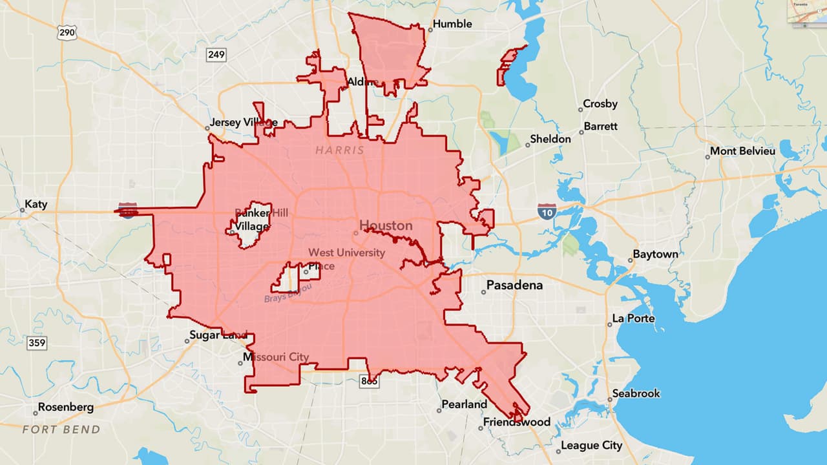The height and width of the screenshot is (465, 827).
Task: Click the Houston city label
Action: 386,225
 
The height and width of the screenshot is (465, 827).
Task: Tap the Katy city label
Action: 36,205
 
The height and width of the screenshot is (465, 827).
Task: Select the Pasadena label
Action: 514,285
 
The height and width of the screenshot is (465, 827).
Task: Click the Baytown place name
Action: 655,254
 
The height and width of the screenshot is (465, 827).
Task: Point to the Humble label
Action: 452,25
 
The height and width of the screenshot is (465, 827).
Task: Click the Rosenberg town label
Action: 65,408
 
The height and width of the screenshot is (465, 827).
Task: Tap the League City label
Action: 591,446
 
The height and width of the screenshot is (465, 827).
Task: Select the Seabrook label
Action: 636,394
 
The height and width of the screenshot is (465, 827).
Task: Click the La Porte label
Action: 634,319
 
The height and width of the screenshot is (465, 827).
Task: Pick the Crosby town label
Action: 600,104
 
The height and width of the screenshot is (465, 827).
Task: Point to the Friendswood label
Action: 517,422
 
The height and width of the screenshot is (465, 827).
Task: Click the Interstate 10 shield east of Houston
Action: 547,211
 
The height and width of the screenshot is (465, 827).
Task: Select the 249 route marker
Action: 216,55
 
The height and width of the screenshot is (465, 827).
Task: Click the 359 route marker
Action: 37,342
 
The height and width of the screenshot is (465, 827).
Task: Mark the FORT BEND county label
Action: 61,429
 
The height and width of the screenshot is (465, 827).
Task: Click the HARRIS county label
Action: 340,150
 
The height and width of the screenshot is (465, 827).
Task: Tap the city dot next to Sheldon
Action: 528,145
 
